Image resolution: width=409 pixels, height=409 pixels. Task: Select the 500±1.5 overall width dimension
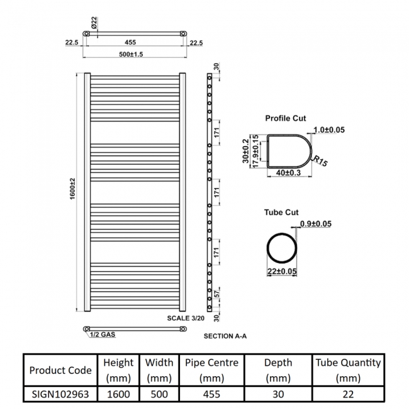pyautogui.click(x=133, y=55)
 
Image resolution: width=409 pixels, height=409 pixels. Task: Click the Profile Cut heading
pyautogui.click(x=286, y=118)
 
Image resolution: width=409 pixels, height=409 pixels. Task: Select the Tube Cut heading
pyautogui.click(x=281, y=213)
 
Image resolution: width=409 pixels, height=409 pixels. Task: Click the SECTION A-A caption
pyautogui.click(x=225, y=336)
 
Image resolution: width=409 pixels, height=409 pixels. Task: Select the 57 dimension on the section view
pyautogui.click(x=216, y=294)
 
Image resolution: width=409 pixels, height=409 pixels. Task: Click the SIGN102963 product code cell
pyautogui.click(x=60, y=395)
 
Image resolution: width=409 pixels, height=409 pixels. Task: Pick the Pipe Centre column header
pyautogui.click(x=211, y=370)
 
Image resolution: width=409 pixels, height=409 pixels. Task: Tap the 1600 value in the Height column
pyautogui.click(x=118, y=395)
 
